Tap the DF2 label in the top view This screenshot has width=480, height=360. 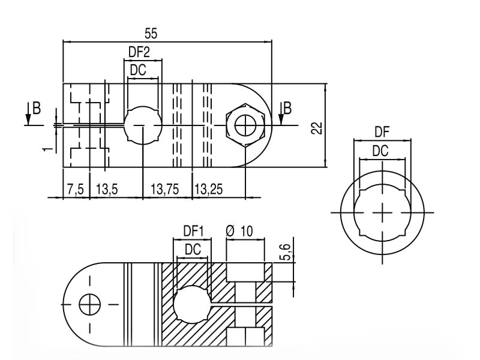(139, 52)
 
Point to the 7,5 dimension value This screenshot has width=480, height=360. (76, 190)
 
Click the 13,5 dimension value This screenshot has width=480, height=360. (106, 190)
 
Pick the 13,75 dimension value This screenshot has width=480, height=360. (164, 190)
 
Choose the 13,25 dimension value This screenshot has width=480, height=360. (208, 190)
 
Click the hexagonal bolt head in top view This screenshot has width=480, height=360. (245, 125)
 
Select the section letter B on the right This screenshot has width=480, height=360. (287, 109)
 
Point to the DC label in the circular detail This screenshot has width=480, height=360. (380, 151)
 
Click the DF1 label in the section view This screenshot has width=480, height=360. (194, 230)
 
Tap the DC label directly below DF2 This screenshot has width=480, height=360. (139, 70)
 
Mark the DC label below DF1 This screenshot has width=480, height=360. (193, 249)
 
